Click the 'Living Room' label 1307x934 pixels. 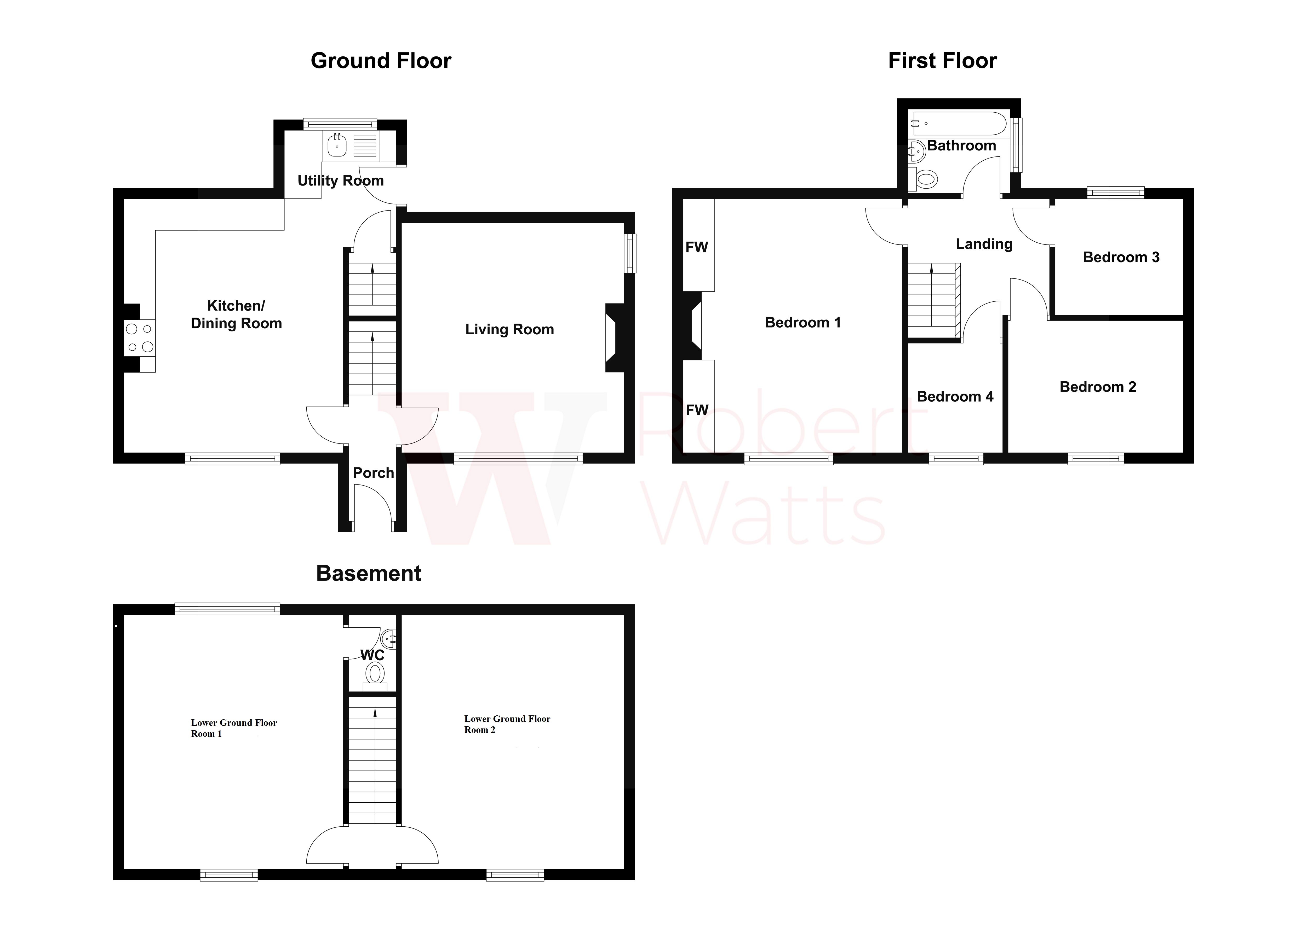(509, 330)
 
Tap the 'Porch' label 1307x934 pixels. (373, 473)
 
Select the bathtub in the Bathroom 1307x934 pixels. (958, 124)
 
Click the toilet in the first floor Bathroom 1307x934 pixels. (925, 179)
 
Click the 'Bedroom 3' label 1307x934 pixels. (1121, 257)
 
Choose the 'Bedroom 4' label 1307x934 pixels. (955, 396)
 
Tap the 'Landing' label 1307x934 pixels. (984, 244)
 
